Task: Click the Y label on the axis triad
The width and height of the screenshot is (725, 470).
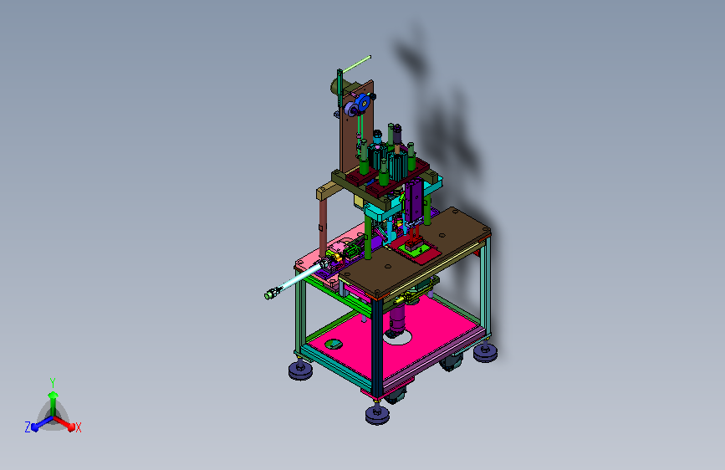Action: coord(53,382)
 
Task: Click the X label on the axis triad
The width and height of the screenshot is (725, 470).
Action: coord(78,427)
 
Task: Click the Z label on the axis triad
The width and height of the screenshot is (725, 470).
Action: coord(28,427)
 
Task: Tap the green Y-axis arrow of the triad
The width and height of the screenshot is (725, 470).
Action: coord(54,402)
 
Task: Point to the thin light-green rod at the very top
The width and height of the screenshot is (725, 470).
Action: coord(356,64)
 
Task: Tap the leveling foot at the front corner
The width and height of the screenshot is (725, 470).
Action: coord(377,414)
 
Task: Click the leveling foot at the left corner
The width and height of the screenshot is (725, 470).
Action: coord(300,370)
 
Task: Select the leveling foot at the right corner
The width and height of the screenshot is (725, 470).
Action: coord(485,352)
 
